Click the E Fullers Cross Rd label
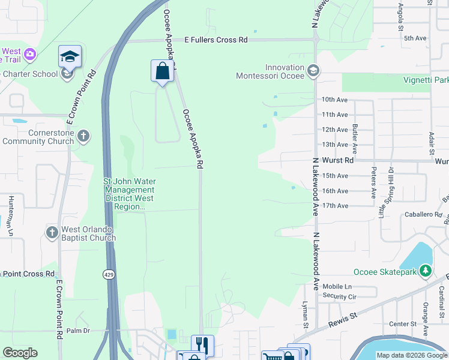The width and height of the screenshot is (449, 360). pos(216,40)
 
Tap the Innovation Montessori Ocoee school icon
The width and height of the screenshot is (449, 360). pos(313,71)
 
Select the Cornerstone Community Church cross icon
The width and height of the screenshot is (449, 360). pos(83,136)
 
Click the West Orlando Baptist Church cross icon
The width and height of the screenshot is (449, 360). pos(52,232)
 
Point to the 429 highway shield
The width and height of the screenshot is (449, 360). pos(107,274)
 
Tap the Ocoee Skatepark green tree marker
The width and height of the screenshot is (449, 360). pos(426,271)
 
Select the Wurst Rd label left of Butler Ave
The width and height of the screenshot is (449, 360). pos(337,161)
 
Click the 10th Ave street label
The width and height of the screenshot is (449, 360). pos(334,99)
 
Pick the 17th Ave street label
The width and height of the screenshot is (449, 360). pos(335,206)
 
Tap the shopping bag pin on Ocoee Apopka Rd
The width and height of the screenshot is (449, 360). pos(161,71)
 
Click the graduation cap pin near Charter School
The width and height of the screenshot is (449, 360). pos(70,58)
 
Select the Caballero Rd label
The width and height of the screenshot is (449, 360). pos(423,214)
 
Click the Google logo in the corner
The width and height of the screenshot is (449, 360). pos(20,353)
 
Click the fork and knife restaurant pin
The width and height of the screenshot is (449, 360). pos(202,345)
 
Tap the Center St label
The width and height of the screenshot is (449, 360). pos(403,324)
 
